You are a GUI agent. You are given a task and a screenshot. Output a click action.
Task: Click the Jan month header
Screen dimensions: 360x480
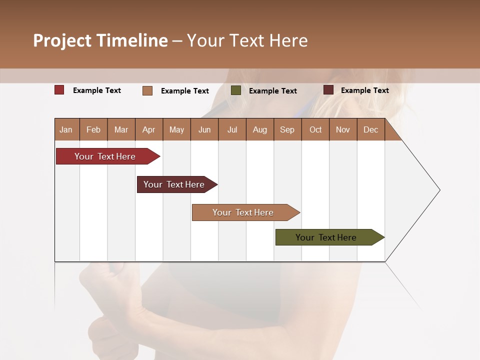(x=66, y=129)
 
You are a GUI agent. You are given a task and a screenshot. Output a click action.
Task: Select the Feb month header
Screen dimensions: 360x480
(x=93, y=129)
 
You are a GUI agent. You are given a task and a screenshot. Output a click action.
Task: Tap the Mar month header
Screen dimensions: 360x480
(x=121, y=129)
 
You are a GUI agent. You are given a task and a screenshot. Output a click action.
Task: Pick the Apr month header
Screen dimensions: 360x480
(x=149, y=129)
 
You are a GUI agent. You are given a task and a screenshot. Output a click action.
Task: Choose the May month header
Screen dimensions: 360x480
(x=176, y=129)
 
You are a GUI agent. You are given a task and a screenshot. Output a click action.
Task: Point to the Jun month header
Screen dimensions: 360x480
(x=204, y=129)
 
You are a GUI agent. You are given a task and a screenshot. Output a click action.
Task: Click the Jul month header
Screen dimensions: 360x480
(x=232, y=129)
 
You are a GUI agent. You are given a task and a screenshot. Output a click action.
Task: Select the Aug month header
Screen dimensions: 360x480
(x=260, y=129)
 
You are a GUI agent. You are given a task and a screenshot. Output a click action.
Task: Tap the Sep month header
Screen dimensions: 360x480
(x=287, y=129)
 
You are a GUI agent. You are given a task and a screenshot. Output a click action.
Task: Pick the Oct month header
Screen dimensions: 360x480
(x=315, y=129)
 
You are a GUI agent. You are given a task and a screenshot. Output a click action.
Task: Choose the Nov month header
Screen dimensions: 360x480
(x=343, y=129)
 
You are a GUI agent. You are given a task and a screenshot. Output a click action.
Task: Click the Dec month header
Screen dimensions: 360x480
(x=371, y=129)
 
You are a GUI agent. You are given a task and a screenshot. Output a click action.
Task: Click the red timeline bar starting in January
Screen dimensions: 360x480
(x=105, y=156)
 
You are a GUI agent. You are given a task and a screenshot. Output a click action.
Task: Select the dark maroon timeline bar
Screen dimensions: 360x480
(x=174, y=184)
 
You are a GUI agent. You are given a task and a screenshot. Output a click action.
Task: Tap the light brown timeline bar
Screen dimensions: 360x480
(x=243, y=212)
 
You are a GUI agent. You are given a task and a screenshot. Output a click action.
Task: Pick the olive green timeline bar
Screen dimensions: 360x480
(x=326, y=237)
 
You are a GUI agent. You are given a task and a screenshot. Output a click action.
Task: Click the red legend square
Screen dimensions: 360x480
(x=59, y=90)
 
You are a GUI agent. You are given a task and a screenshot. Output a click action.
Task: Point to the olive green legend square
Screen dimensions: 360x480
(x=236, y=90)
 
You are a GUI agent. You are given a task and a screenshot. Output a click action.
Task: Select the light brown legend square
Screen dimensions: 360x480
(x=147, y=90)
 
